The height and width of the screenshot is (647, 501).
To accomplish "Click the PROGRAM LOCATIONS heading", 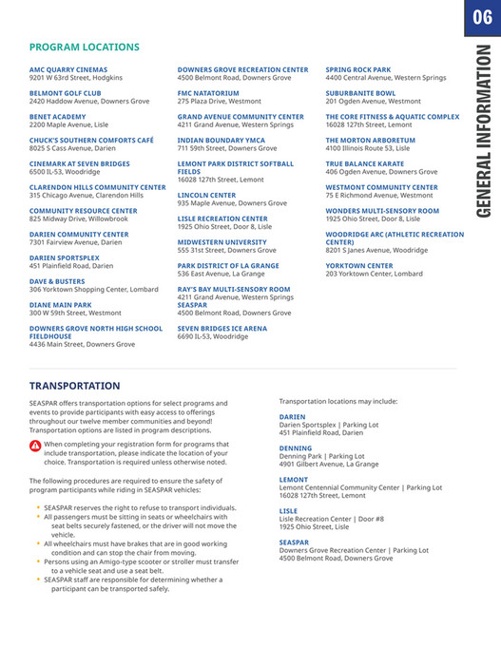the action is [84, 47].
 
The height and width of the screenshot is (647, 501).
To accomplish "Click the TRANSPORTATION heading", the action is [74, 386].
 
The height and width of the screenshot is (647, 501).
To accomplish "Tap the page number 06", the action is [481, 18].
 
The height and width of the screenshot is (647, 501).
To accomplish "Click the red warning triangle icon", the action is [35, 446].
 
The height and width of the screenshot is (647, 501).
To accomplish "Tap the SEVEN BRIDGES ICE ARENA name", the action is [222, 328].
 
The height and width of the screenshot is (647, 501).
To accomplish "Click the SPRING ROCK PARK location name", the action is [357, 69].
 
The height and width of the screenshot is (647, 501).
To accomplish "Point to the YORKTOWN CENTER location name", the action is [358, 265].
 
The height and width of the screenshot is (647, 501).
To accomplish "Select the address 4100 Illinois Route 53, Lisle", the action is [367, 148].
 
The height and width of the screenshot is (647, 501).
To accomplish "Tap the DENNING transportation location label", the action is [295, 447].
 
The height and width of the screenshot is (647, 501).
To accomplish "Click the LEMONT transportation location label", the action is [294, 479].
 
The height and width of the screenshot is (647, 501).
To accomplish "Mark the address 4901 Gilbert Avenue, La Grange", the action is [329, 464].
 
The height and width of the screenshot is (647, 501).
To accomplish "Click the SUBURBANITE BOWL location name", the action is [360, 93].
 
